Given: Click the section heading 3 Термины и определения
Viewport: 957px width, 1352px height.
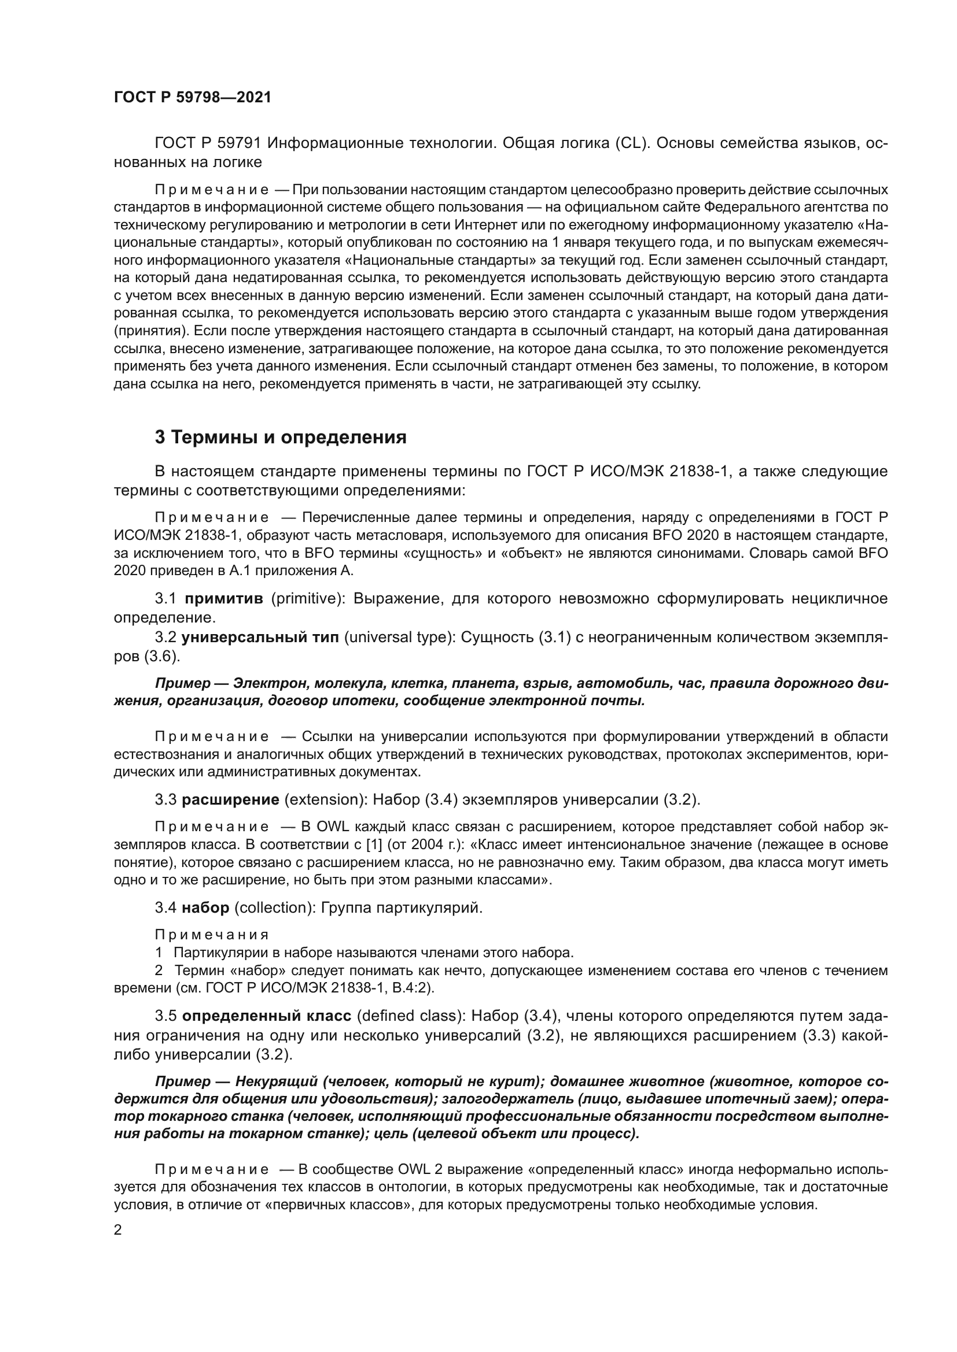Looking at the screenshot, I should [x=281, y=437].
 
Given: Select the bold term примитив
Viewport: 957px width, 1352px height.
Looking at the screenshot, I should [x=224, y=599].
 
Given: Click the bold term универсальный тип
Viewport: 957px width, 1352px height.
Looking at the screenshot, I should [x=260, y=638].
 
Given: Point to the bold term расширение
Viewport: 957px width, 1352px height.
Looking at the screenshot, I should [x=230, y=799].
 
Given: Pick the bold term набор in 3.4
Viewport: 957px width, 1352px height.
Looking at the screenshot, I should [x=205, y=908].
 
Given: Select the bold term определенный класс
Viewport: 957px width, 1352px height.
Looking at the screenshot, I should [x=266, y=1016].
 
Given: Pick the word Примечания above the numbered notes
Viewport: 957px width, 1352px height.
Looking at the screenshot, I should [x=211, y=935].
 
